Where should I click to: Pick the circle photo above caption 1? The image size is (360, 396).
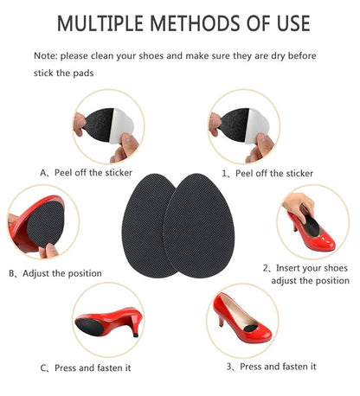[x=242, y=128]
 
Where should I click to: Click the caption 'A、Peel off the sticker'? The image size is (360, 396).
[x=93, y=173]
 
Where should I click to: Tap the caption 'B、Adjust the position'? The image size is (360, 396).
[x=55, y=273]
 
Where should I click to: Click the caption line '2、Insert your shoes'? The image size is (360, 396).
[x=306, y=268]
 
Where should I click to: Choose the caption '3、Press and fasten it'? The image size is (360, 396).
[x=272, y=367]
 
